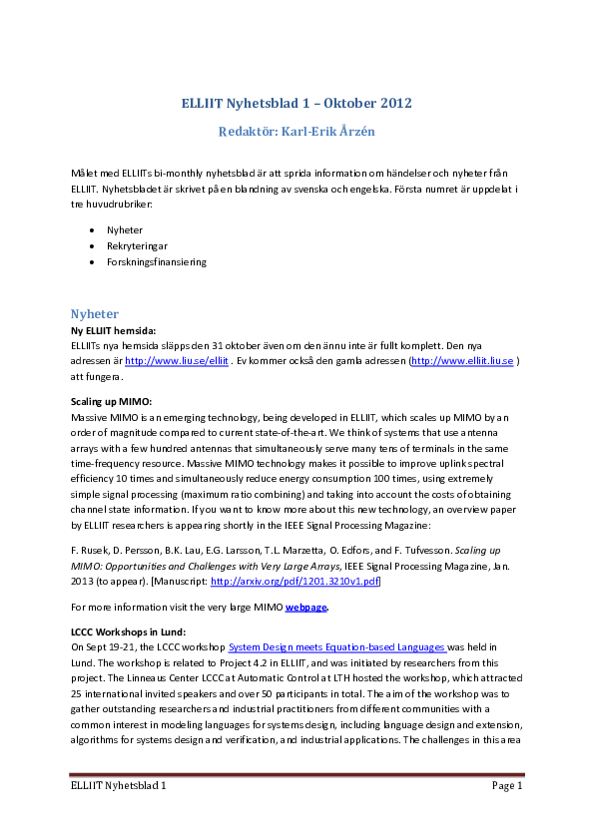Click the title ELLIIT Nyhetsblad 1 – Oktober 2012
click(297, 103)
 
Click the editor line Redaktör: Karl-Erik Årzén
click(297, 132)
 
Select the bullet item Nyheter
click(125, 230)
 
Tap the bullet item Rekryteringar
click(137, 246)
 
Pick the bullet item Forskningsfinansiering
click(157, 262)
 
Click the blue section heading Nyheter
click(95, 314)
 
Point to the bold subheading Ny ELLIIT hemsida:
click(113, 331)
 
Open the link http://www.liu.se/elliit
click(177, 361)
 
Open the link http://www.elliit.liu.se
click(462, 361)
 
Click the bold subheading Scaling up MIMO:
click(111, 402)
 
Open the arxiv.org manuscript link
click(295, 582)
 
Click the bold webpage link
click(305, 608)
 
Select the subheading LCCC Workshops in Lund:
click(128, 632)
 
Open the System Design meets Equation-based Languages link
click(337, 647)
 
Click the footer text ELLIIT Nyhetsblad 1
click(119, 786)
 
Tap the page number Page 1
click(507, 786)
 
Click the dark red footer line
click(297, 774)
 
